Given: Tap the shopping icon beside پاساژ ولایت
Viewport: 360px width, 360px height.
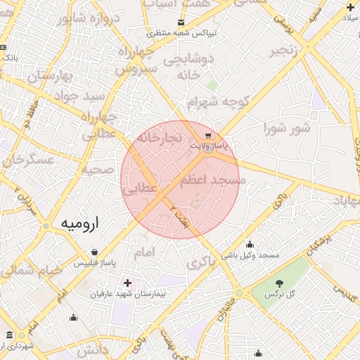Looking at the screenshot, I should pos(207,136).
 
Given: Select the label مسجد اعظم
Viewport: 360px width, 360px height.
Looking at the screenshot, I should pos(212,181).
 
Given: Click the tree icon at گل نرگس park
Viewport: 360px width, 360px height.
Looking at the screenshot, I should pos(280,283).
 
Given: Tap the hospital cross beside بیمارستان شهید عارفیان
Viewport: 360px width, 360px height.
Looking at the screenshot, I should pos(127,283).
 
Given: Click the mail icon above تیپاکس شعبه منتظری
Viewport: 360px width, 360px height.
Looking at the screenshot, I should pos(181,23).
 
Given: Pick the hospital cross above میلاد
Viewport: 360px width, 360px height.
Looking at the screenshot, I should pos(350,7).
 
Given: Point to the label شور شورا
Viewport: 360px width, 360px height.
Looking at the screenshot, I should pos(287,128).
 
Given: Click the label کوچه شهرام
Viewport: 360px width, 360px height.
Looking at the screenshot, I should pos(226,102).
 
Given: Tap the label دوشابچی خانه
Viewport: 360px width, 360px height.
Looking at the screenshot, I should pos(188,67).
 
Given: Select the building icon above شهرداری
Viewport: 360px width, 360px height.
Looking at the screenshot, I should pos(9,335).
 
